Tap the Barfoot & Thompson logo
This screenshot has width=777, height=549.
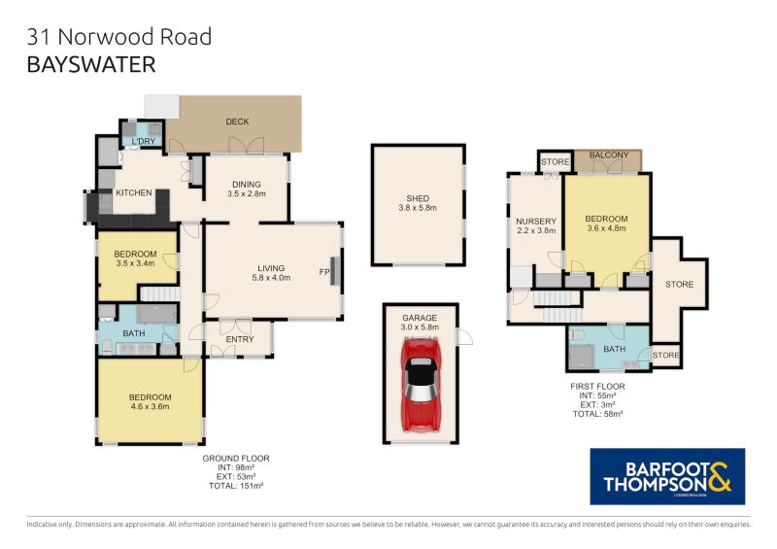coord(667,476)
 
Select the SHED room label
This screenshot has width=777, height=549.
coord(418,199)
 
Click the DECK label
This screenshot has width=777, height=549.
coord(237,121)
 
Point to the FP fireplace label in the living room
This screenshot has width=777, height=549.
coord(323,273)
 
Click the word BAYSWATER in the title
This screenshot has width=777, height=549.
coord(91,65)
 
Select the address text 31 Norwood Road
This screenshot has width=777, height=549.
coord(119,38)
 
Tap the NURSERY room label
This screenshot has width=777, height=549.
coord(535,221)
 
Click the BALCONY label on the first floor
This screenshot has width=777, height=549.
coord(607,155)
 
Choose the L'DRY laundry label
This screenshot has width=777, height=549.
coord(144,143)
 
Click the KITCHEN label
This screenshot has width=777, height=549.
coord(134,192)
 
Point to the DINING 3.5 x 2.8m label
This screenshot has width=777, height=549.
coord(246,188)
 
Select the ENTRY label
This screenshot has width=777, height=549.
coord(240,339)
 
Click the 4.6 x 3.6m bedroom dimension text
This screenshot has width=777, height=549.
coord(150,407)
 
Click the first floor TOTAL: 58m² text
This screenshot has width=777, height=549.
coord(597,413)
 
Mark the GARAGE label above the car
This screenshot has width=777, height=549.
coord(421,318)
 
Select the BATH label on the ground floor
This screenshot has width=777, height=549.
coord(133,333)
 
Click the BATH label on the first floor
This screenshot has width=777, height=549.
coord(615,349)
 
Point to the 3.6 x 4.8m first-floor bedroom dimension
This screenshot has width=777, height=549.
coord(607,229)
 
